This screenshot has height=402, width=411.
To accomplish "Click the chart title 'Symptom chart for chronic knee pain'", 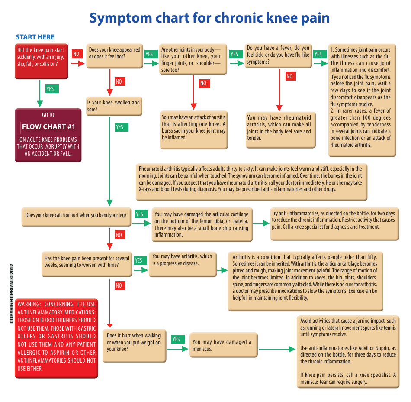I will coord(209,18).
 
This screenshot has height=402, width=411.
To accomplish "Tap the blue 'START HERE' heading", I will coord(35,37).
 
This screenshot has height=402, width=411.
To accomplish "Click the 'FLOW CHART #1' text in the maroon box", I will coord(48,126).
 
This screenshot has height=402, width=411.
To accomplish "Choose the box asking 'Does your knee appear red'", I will coord(115,56).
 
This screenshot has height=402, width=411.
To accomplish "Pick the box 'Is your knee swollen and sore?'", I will coord(114,106).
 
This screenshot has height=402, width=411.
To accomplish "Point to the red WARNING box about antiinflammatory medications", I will coord(56,337).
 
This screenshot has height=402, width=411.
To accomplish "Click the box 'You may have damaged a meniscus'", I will coord(223,345).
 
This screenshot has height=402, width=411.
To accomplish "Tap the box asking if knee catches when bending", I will coord(77,215).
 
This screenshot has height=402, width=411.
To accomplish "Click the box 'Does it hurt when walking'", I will coord(134,342).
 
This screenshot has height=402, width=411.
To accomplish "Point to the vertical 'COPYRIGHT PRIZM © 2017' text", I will coord(12,293).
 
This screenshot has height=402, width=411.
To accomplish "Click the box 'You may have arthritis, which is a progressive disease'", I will coord(183,264).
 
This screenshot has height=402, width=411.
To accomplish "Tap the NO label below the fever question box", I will coord(289,77).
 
